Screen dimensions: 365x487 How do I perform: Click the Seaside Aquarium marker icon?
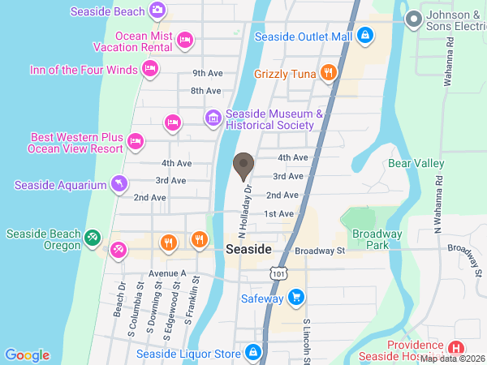119,184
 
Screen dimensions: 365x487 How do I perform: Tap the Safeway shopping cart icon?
296,298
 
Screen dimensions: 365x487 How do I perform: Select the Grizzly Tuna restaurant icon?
328,73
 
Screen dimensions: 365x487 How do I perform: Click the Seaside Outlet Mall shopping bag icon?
365,36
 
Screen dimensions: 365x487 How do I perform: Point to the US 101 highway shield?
279,273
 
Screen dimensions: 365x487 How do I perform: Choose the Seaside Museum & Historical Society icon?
213,118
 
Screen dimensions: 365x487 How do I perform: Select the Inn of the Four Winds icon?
149,70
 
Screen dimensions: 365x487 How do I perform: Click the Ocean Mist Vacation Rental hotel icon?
185,39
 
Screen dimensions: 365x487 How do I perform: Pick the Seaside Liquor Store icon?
253,353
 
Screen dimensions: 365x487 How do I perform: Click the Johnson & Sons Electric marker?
414,18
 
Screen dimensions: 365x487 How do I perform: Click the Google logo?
27,354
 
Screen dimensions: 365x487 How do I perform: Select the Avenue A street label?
167,273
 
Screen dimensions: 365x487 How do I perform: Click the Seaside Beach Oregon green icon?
93,238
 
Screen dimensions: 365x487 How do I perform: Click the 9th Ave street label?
207,72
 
